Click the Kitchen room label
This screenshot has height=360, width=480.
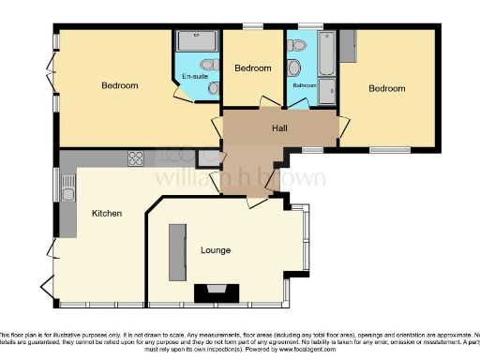(106, 214)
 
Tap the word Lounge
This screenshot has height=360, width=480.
(216, 250)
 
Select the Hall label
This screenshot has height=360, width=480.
(279, 127)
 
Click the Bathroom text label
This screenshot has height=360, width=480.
(304, 85)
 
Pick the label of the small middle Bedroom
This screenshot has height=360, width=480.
(252, 68)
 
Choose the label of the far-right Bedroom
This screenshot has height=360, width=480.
(386, 89)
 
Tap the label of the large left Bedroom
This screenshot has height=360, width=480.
(119, 86)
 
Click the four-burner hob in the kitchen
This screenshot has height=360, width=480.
(135, 157)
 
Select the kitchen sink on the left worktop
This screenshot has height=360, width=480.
(68, 194)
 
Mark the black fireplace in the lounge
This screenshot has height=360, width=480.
(216, 292)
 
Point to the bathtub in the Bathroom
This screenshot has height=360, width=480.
(325, 55)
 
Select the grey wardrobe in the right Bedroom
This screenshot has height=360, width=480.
(349, 44)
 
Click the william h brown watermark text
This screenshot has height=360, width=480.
(240, 178)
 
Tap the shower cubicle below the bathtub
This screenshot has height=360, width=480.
(326, 91)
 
